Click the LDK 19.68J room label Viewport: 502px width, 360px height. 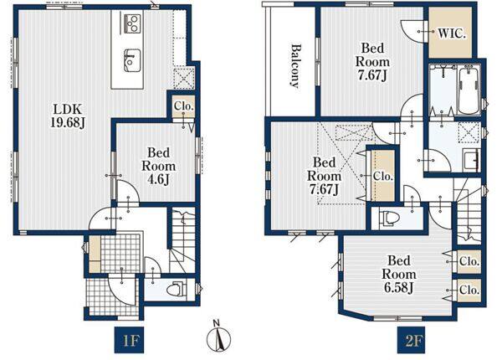[x=68, y=116]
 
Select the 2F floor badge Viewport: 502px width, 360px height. [x=412, y=340]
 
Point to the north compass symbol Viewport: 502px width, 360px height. [x=218, y=336]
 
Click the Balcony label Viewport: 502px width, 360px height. [x=296, y=66]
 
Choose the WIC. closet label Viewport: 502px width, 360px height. [x=451, y=33]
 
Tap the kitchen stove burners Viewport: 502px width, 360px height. [x=132, y=23]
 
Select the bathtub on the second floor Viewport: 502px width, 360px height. [x=469, y=90]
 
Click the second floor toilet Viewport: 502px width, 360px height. [x=389, y=219]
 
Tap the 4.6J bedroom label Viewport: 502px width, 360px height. [x=158, y=167]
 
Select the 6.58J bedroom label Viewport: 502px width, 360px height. [x=398, y=274]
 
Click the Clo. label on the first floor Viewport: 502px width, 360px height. [x=184, y=106]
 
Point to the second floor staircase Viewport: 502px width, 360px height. [x=468, y=211]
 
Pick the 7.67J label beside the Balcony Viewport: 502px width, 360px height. [x=372, y=61]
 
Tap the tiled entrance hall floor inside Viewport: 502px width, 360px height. [x=120, y=253]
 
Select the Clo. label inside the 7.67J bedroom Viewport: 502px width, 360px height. [x=383, y=176]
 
